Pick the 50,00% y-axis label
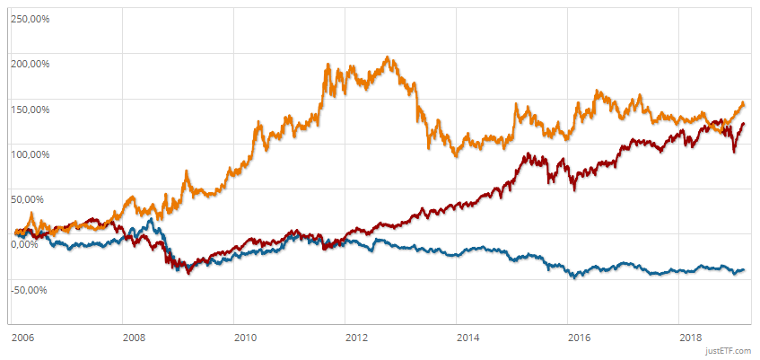tap(27, 199)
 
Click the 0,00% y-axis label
tap(25, 244)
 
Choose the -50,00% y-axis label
tap(29, 289)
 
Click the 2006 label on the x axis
tap(23, 338)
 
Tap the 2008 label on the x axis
tap(134, 338)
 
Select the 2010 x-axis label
tap(245, 338)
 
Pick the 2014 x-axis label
tap(467, 338)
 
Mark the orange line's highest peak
tap(387, 58)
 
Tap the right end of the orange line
tap(744, 104)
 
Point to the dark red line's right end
tap(744, 124)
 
